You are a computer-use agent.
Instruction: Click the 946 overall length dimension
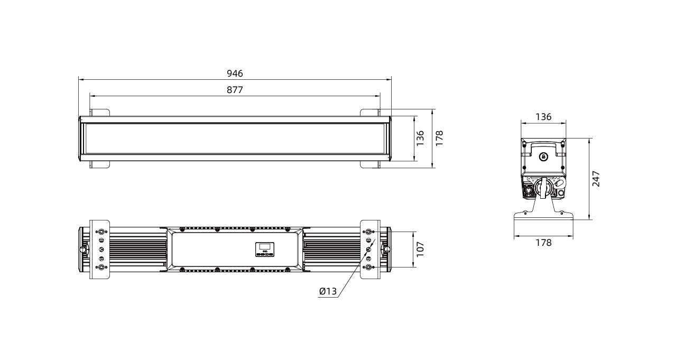click(235, 73)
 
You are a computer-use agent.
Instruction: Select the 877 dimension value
click(235, 90)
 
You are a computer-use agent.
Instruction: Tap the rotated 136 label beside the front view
click(420, 139)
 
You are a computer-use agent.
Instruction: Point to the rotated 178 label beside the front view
click(439, 139)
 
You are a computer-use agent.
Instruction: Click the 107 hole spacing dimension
click(420, 249)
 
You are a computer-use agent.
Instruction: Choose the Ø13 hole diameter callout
click(328, 291)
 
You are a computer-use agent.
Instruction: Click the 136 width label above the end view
click(543, 117)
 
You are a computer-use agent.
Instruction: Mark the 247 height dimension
click(596, 179)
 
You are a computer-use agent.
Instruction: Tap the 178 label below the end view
click(543, 243)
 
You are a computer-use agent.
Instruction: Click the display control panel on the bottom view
click(265, 249)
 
